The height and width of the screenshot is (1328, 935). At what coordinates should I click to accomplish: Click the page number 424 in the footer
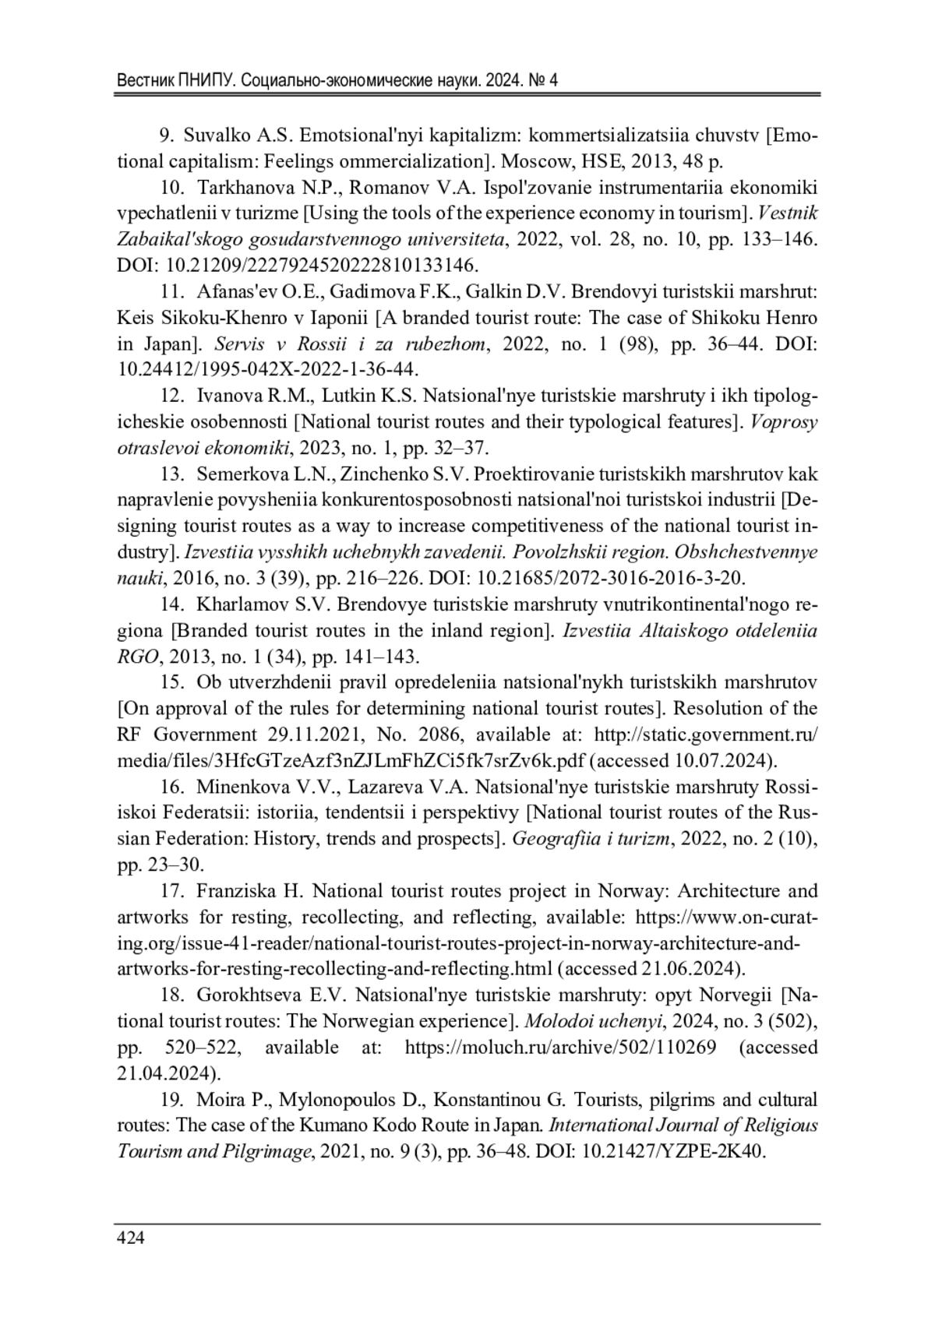tap(130, 1238)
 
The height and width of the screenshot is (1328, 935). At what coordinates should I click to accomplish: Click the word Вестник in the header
tap(145, 81)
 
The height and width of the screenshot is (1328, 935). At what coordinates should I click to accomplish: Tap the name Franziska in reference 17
tap(235, 890)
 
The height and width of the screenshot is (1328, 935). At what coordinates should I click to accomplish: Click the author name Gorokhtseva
tap(248, 995)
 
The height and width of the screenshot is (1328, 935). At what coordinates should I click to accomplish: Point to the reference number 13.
tap(171, 474)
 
